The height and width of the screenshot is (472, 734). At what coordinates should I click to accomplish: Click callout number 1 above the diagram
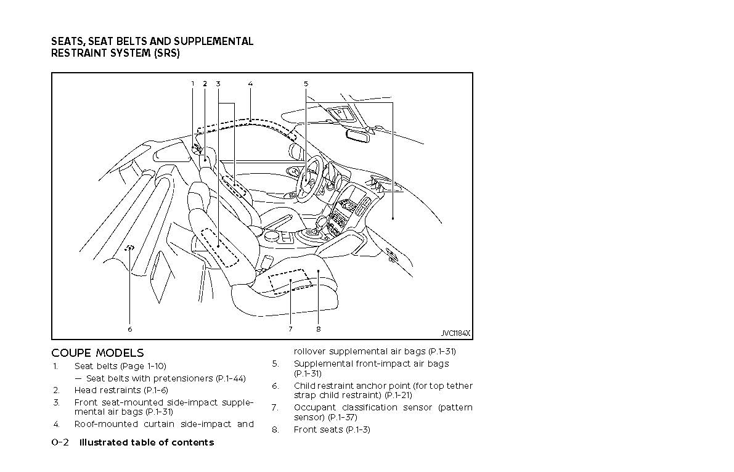click(x=192, y=84)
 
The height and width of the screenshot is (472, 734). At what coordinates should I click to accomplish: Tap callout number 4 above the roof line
click(x=250, y=84)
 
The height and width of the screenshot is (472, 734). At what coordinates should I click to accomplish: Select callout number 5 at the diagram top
click(x=306, y=84)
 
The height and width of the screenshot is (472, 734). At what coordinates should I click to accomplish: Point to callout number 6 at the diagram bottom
click(x=130, y=329)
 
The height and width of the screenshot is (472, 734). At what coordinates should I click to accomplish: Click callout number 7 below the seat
click(x=290, y=329)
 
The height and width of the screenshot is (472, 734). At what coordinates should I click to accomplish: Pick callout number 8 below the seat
click(x=319, y=329)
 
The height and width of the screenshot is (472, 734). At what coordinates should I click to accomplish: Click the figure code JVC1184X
click(x=455, y=333)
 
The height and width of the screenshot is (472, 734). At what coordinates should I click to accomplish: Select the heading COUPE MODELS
click(x=97, y=353)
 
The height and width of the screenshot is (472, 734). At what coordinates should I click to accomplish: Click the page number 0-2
click(x=60, y=442)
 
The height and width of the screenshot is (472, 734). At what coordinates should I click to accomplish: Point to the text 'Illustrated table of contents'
click(x=147, y=442)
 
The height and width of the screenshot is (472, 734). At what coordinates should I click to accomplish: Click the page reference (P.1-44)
click(x=231, y=378)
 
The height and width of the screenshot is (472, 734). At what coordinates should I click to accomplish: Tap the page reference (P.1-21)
click(x=398, y=396)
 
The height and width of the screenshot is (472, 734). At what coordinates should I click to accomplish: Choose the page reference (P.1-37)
click(x=342, y=417)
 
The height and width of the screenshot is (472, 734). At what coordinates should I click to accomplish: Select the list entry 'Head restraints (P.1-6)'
click(x=121, y=390)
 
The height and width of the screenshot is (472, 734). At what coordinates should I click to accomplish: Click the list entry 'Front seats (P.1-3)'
click(x=332, y=429)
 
